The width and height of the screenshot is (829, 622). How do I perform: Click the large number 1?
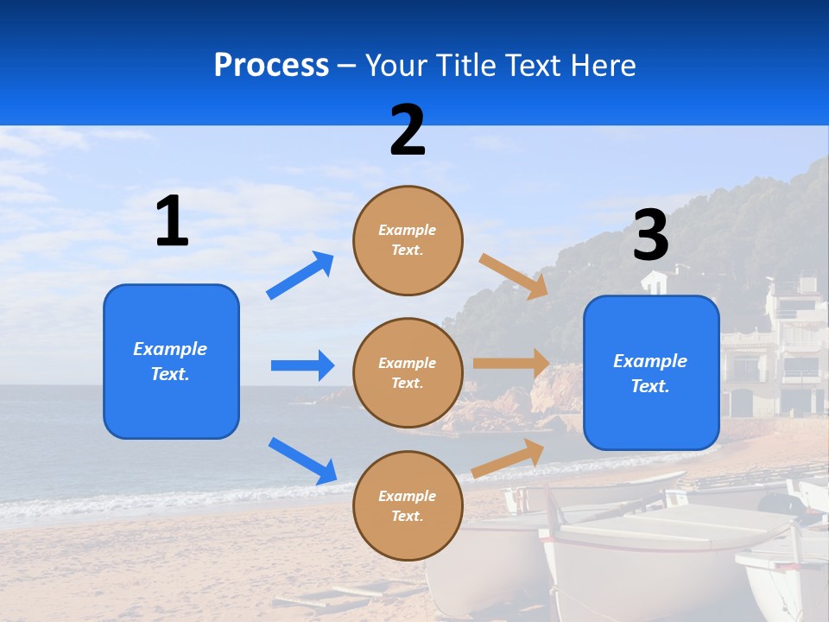click(172, 221)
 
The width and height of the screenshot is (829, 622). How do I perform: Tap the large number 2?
click(408, 130)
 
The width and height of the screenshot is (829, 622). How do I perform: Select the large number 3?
click(650, 236)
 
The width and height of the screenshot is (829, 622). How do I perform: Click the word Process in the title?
click(271, 65)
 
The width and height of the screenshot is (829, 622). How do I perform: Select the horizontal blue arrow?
click(302, 365)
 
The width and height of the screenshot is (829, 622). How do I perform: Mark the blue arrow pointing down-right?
click(302, 460)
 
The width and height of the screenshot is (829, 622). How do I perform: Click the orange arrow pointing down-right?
click(514, 276)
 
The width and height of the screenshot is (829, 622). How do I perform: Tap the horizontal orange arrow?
click(511, 364)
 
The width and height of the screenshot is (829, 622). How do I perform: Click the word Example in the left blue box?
click(170, 349)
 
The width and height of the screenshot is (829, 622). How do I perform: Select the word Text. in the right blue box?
click(650, 386)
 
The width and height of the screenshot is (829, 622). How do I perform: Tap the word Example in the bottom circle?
click(408, 496)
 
